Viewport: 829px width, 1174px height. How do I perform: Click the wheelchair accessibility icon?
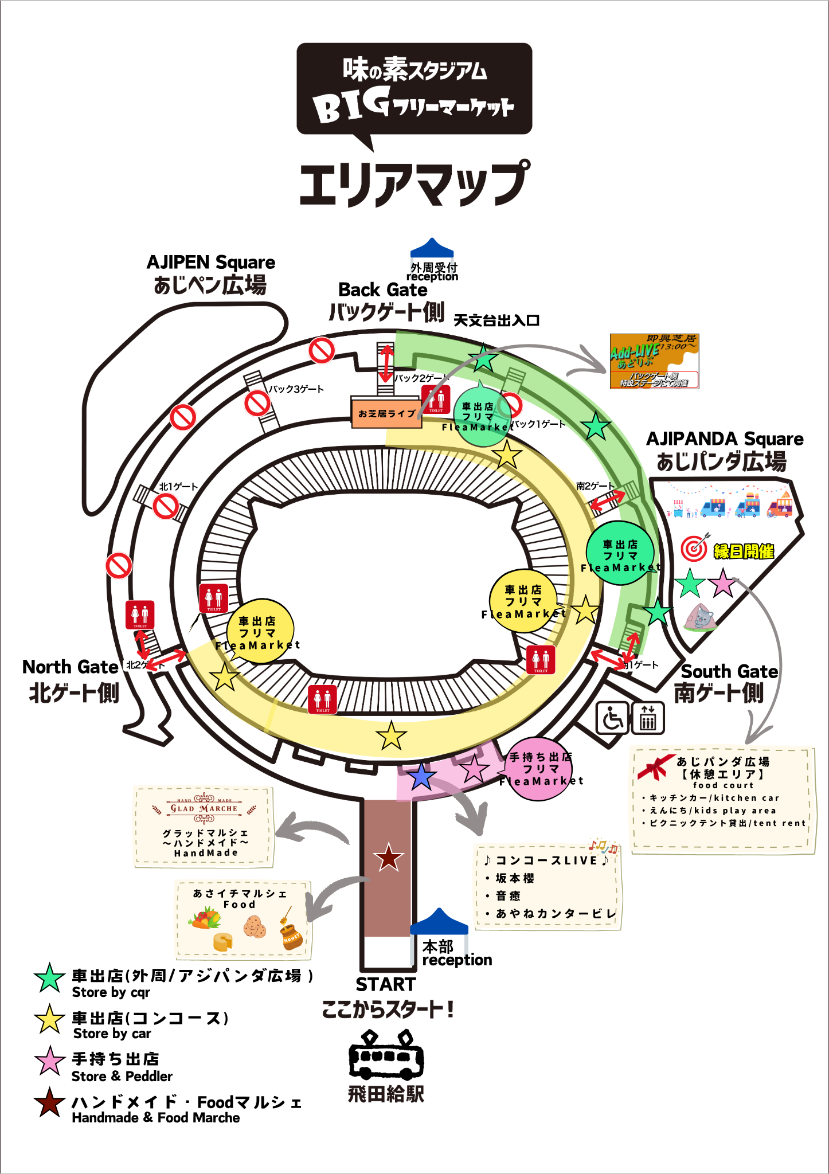[613, 718]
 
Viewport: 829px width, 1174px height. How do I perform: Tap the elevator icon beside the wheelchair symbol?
[648, 718]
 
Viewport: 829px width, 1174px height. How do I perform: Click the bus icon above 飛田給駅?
[386, 1057]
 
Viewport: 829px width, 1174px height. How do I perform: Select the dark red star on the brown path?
[389, 858]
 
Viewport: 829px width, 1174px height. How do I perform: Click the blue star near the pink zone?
[421, 776]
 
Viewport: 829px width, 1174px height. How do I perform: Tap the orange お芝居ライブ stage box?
[386, 413]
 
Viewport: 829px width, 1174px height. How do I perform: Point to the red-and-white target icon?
[694, 549]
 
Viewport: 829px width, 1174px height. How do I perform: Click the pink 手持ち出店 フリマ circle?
[539, 769]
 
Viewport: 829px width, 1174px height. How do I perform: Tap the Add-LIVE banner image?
[654, 361]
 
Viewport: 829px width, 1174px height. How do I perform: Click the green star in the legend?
[49, 978]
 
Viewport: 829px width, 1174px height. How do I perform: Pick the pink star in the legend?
[49, 1061]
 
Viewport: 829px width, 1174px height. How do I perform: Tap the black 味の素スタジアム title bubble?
[414, 89]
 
